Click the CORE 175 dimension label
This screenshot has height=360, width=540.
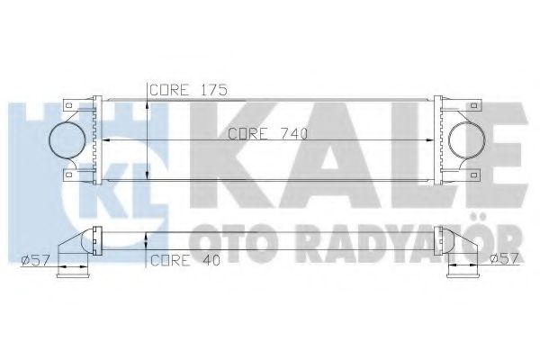click(187, 89)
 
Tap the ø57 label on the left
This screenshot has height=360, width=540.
click(33, 261)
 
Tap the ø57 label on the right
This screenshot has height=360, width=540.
click(506, 261)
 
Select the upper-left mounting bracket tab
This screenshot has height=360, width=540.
click(68, 106)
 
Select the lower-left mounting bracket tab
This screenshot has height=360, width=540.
click(68, 174)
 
